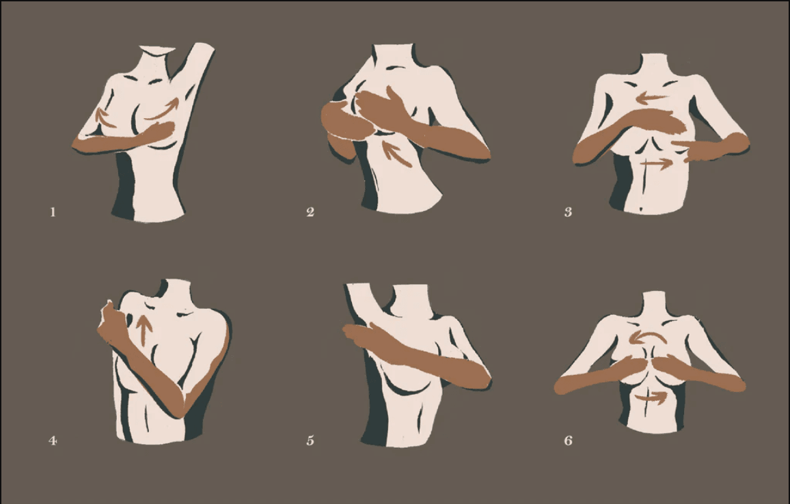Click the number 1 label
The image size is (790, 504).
[53, 212]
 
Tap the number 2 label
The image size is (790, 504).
[310, 212]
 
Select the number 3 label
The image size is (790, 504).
[569, 212]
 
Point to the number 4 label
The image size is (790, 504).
[53, 440]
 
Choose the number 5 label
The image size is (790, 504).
[310, 440]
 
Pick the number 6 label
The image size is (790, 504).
[569, 440]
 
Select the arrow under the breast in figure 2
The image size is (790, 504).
[397, 153]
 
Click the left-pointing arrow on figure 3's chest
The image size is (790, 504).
[653, 99]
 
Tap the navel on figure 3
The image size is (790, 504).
[640, 209]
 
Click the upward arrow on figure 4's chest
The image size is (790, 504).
[145, 330]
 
